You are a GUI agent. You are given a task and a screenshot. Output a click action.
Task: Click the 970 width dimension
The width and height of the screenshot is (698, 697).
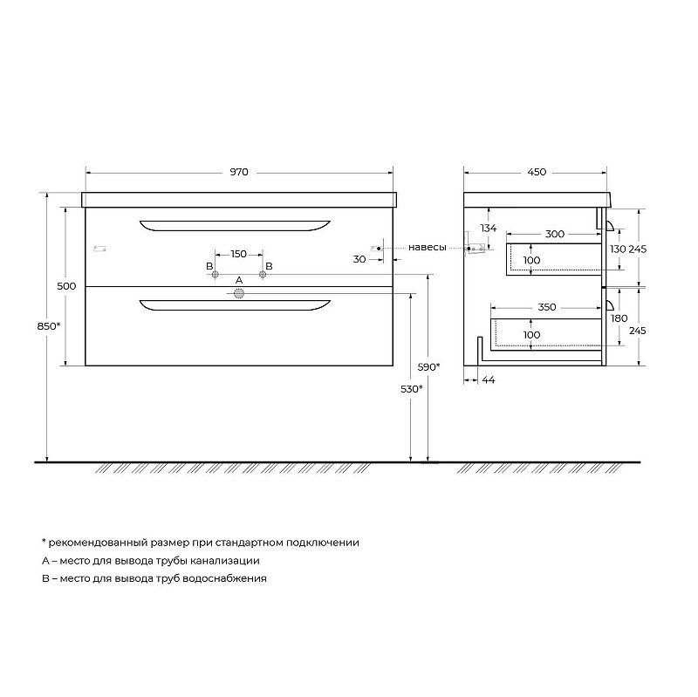pos(239,172)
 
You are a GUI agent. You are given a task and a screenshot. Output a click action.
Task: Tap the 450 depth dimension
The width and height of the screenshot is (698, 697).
pos(537,172)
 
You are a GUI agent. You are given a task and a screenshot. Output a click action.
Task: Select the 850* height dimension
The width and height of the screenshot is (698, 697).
pos(49,326)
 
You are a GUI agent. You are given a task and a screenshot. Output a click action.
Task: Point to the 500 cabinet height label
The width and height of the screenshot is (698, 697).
pos(66,286)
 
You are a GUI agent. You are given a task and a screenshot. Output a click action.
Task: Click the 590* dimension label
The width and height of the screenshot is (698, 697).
pos(429,367)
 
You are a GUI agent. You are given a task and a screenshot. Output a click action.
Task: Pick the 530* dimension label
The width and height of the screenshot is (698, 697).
pos(412,389)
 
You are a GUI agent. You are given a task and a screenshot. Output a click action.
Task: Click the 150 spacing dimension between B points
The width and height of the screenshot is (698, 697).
pos(238,254)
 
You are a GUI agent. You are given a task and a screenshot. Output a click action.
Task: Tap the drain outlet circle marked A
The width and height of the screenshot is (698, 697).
pos(239,293)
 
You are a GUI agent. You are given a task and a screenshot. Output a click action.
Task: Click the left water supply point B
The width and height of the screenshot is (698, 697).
pos(215,275)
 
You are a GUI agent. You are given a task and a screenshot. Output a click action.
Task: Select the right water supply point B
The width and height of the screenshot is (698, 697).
pos(263,275)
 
